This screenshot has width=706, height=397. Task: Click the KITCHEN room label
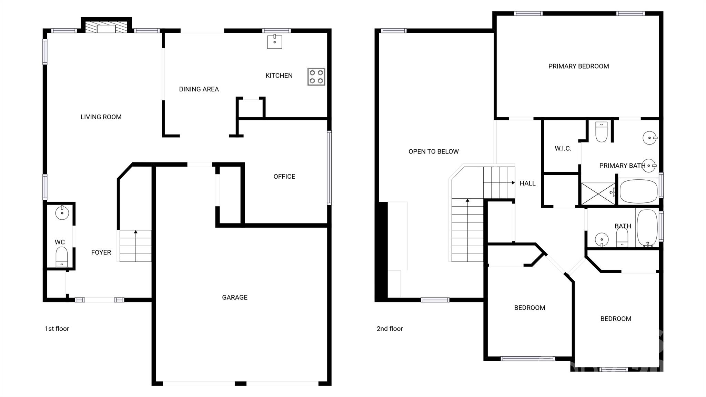click(x=279, y=76)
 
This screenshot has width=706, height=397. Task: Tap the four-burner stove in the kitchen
click(x=316, y=77)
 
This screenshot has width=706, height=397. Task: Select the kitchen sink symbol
click(x=275, y=42)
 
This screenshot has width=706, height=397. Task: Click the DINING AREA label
click(x=199, y=89)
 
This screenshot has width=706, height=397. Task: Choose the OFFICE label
click(x=284, y=177)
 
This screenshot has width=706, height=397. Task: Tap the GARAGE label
click(x=235, y=297)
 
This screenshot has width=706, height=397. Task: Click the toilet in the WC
click(x=62, y=257)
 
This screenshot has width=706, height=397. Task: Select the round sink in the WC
click(x=62, y=212)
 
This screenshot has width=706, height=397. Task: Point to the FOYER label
click(x=101, y=252)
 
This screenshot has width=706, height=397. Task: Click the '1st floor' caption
click(x=57, y=329)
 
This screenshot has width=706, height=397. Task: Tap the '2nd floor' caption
click(x=390, y=329)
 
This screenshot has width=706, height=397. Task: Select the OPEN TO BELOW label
click(x=434, y=151)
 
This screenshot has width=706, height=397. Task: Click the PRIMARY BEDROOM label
click(x=579, y=66)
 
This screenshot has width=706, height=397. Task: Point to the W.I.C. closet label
click(x=563, y=149)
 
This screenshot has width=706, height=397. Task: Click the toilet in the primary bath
click(x=602, y=132)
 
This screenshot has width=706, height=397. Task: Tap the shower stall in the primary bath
click(x=598, y=194)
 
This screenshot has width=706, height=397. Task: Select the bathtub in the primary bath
click(x=639, y=191)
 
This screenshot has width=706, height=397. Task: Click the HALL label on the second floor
click(x=527, y=183)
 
